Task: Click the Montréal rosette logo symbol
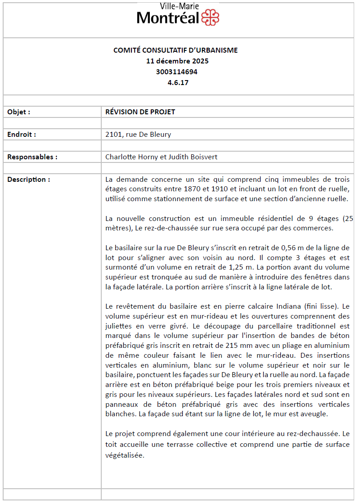(210, 18)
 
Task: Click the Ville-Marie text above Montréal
(180, 6)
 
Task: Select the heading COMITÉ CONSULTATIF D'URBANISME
(175, 50)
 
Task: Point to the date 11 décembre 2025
(177, 61)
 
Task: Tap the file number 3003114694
(177, 72)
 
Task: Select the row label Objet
(19, 112)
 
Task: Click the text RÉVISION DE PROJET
(140, 112)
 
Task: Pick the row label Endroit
(22, 134)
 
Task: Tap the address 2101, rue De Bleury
(138, 134)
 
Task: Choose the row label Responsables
(32, 157)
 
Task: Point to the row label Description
(29, 179)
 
